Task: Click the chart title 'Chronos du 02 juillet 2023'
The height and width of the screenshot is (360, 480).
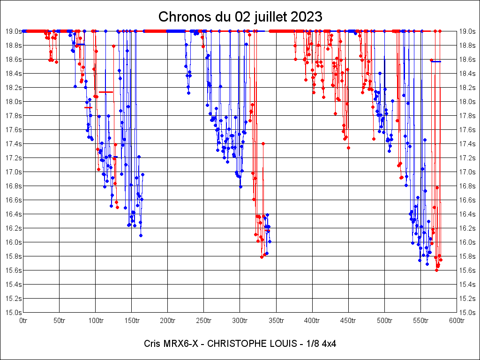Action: pos(240,17)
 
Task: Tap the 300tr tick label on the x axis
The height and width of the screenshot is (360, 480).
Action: pos(240,321)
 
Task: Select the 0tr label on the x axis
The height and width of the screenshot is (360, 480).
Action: pos(23,321)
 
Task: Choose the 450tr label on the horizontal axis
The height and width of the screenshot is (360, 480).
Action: pos(348,321)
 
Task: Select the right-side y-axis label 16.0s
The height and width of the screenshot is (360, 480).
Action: pos(467,242)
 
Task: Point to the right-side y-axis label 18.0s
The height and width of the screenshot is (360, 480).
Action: pos(467,101)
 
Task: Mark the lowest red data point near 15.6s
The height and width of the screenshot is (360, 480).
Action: pos(436,270)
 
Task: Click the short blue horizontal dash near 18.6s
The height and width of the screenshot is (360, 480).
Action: pos(436,61)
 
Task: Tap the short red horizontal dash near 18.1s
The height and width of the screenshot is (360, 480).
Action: pos(106,92)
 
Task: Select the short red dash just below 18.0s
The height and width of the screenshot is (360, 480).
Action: pos(89,108)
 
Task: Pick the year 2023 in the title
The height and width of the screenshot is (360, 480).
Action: pos(306,17)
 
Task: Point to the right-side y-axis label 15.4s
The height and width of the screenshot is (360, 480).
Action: pos(467,284)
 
